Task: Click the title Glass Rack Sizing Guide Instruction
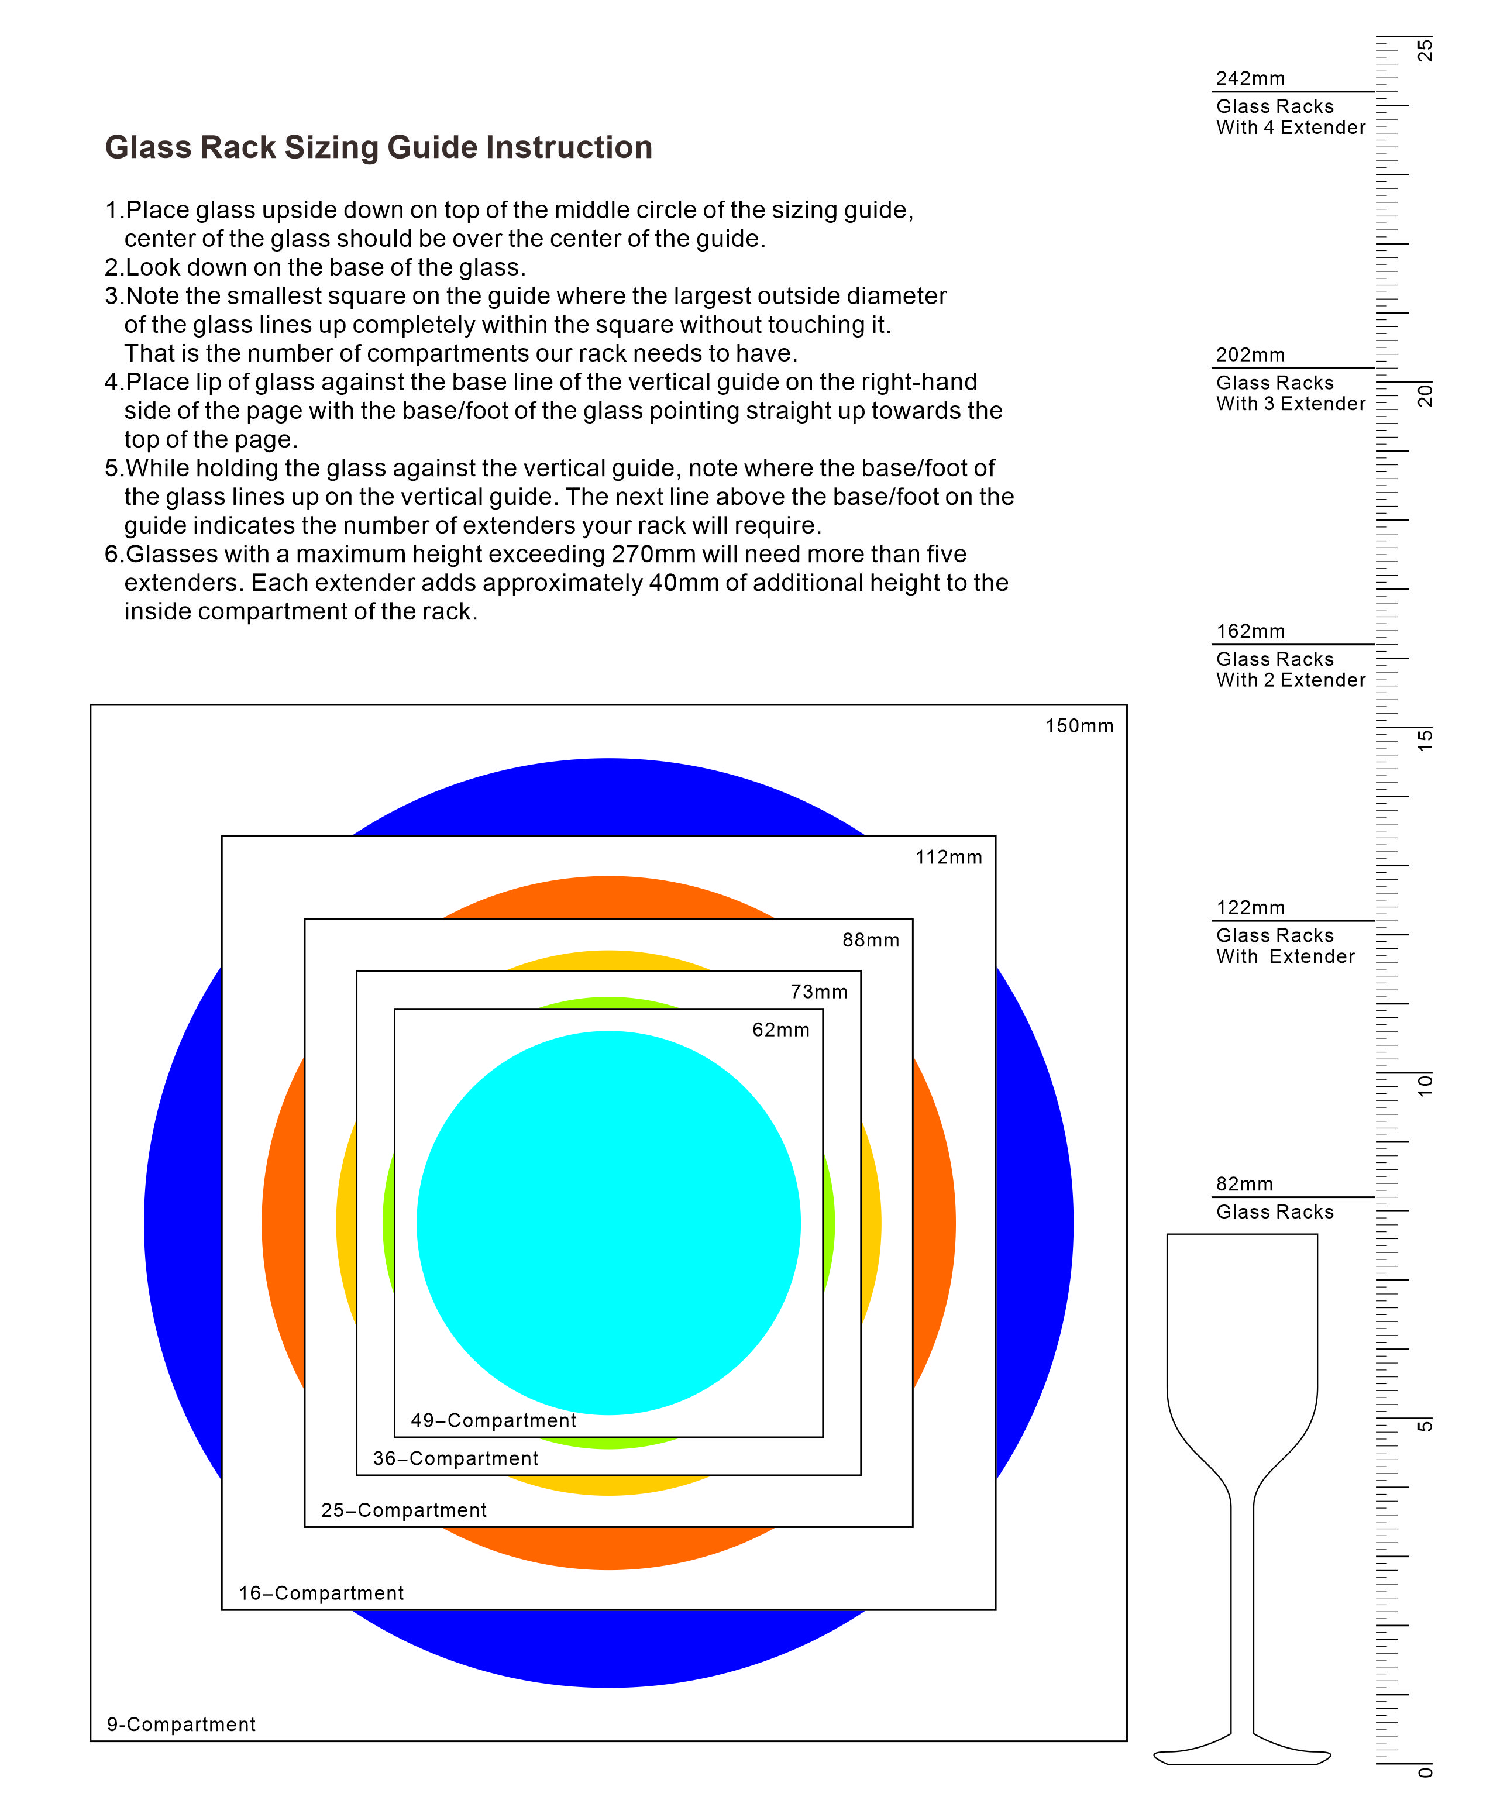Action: click(379, 147)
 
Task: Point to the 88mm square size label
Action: click(870, 941)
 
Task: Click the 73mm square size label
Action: click(818, 992)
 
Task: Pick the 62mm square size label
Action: click(780, 1030)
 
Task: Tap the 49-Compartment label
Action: click(493, 1421)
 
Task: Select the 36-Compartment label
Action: click(455, 1458)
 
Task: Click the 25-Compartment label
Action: click(404, 1510)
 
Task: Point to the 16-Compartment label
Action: click(321, 1593)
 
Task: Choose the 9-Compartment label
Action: click(181, 1725)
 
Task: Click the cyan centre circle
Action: click(608, 1222)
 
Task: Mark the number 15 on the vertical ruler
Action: click(1425, 739)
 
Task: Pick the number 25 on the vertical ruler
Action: click(1425, 49)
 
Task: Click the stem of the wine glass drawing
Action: click(1242, 1617)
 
